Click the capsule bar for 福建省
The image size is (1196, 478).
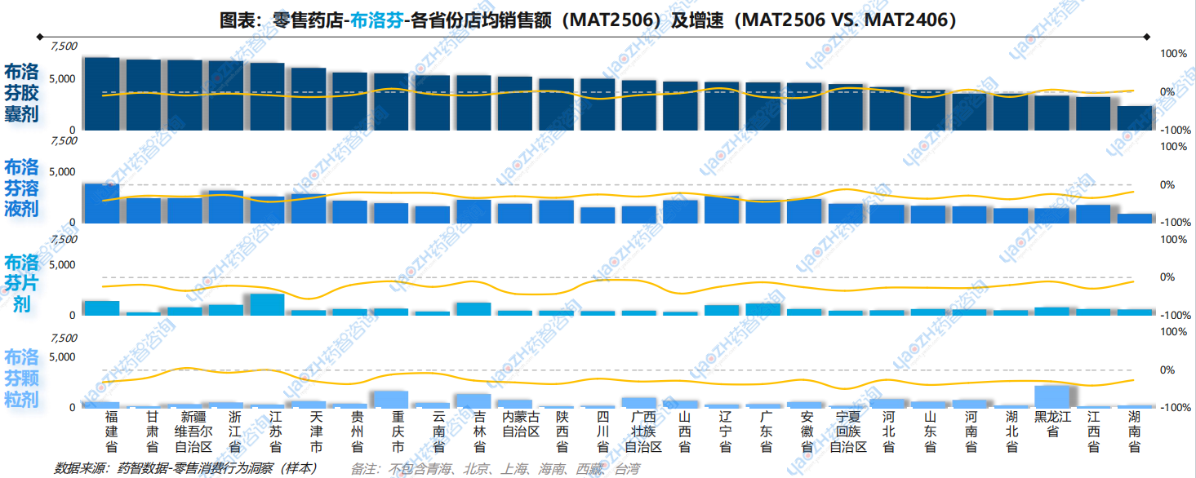pyautogui.click(x=102, y=94)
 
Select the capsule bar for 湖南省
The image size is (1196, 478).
pyautogui.click(x=1136, y=117)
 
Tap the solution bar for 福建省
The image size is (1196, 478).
pyautogui.click(x=102, y=203)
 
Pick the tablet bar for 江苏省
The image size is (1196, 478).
pyautogui.click(x=268, y=304)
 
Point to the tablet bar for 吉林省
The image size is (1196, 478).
pyautogui.click(x=474, y=309)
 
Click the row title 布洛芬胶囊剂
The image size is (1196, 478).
pyautogui.click(x=22, y=93)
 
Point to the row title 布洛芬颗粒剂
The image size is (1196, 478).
pyautogui.click(x=22, y=378)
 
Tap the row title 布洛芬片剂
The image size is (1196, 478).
pyautogui.click(x=22, y=283)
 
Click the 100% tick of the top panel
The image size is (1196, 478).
pyautogui.click(x=1174, y=54)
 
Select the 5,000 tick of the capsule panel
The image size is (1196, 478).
pyautogui.click(x=64, y=78)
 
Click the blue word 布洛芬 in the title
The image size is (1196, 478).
pyautogui.click(x=377, y=20)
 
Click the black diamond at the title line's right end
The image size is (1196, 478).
pyautogui.click(x=1147, y=36)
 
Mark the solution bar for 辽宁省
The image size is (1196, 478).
pyautogui.click(x=722, y=209)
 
